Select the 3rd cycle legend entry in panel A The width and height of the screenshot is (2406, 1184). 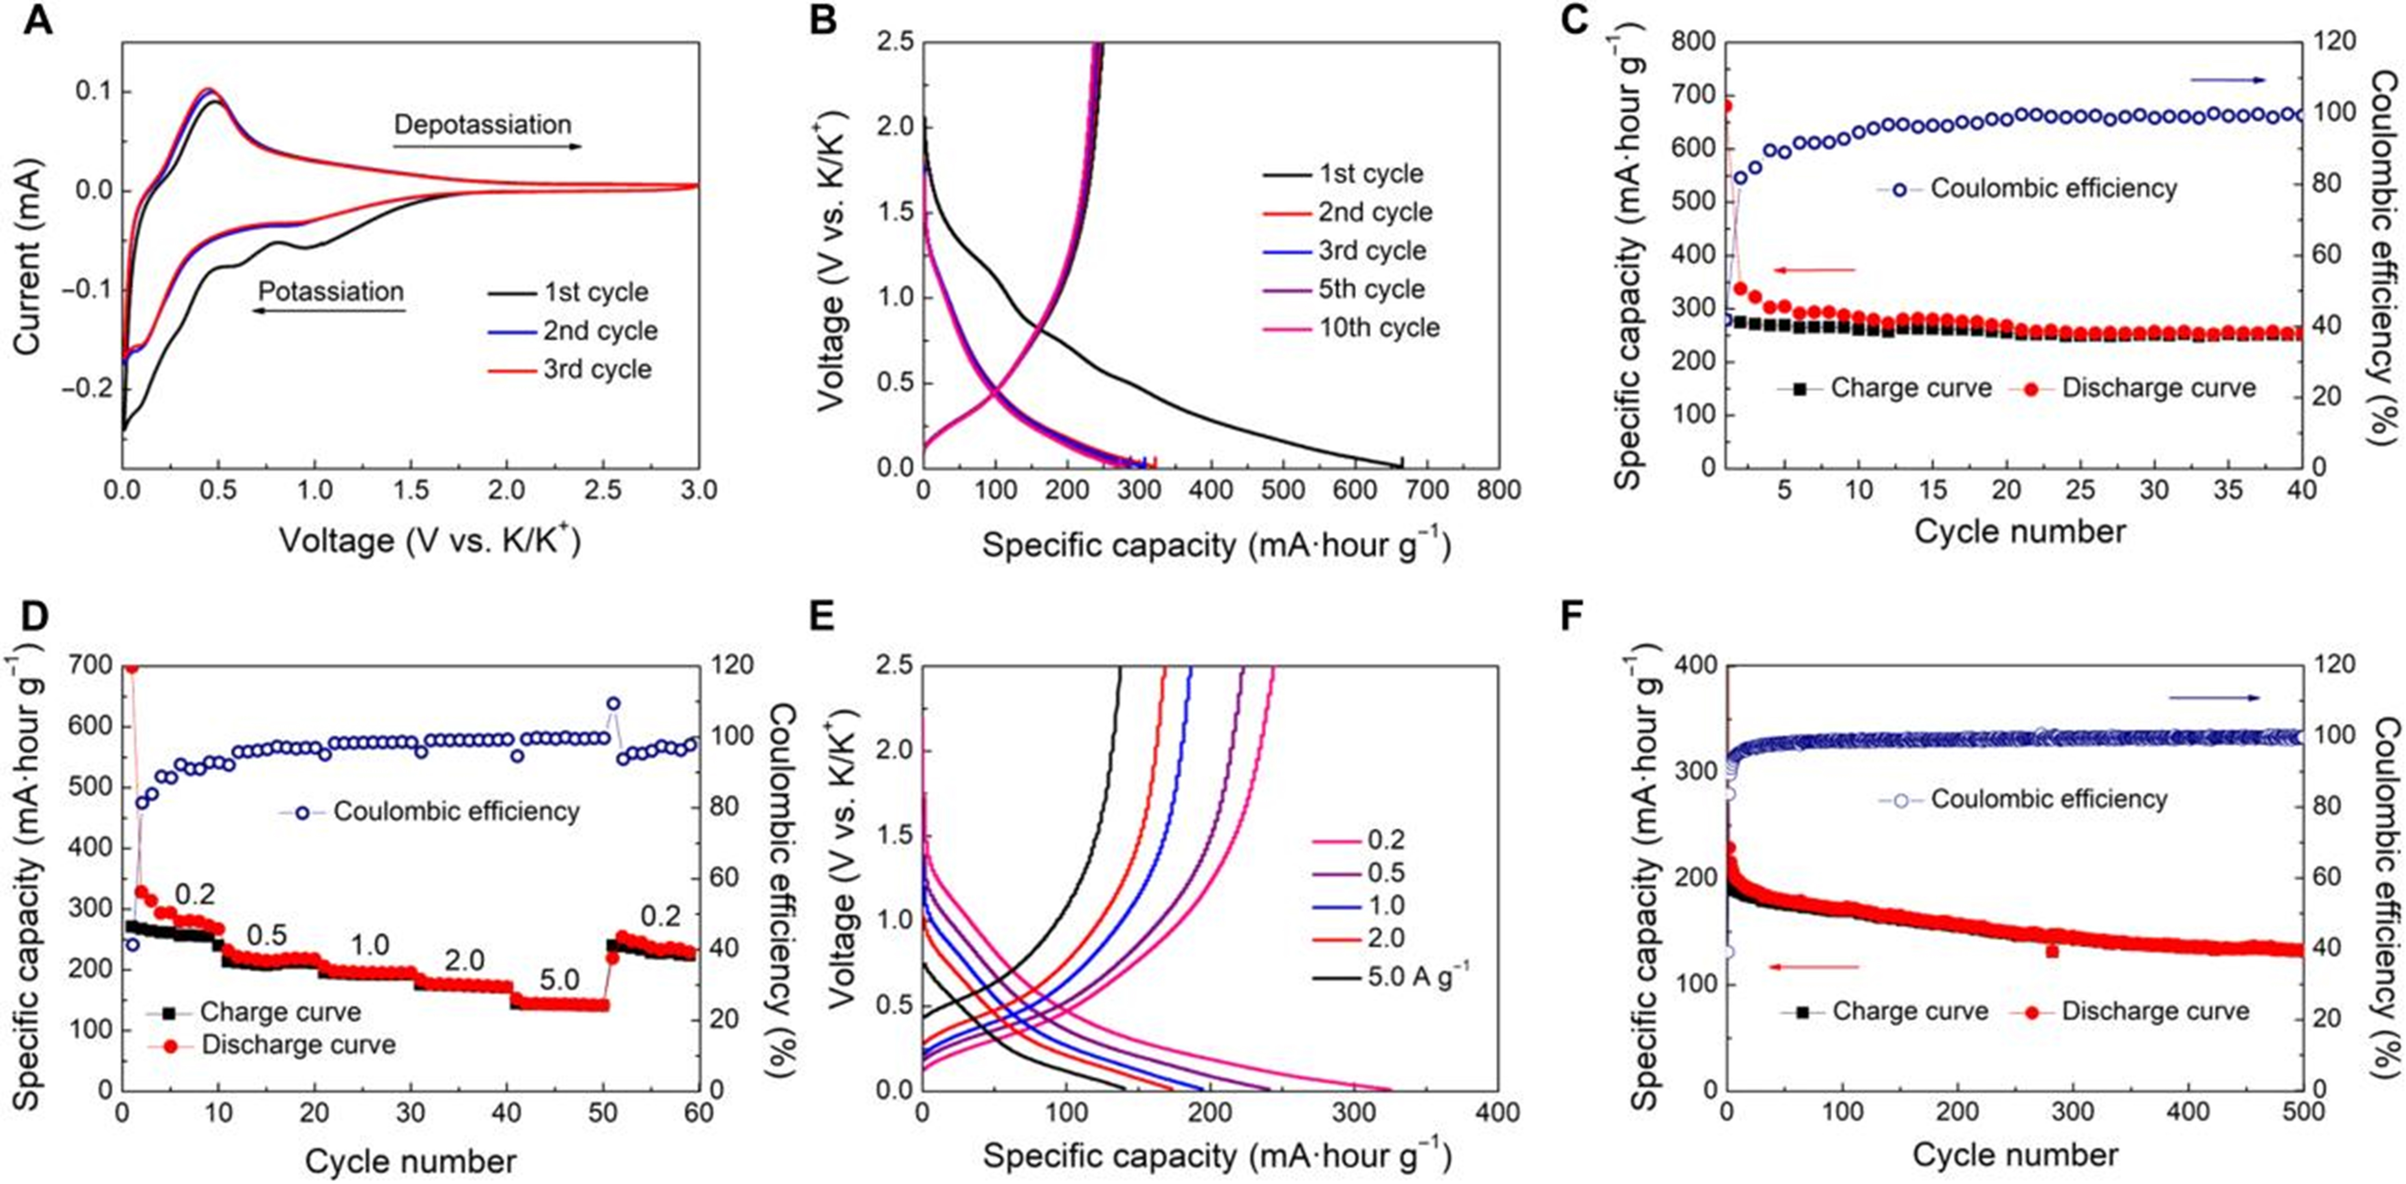(x=597, y=369)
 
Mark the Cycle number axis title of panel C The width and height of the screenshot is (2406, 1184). (x=2019, y=532)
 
